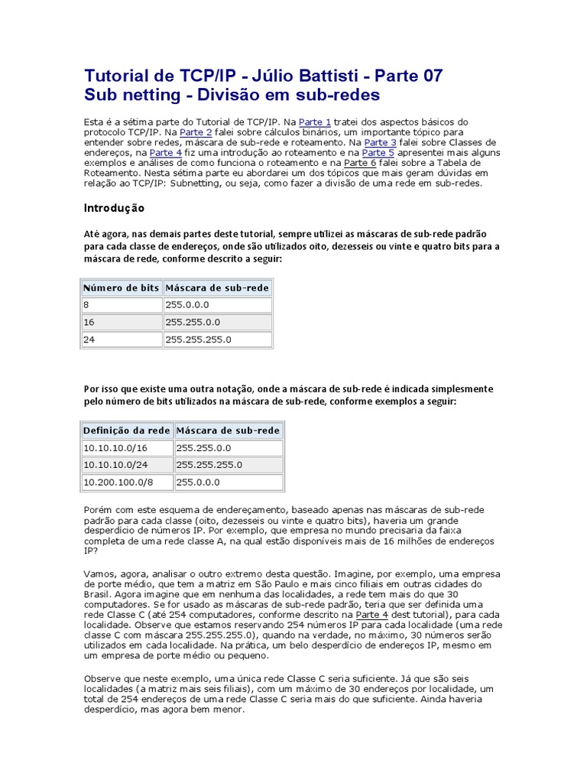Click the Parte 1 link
click(x=315, y=122)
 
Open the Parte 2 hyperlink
click(x=196, y=132)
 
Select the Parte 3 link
click(x=380, y=142)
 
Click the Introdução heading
click(x=113, y=208)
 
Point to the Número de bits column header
click(x=122, y=288)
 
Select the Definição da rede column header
click(x=127, y=430)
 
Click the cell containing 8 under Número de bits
click(x=122, y=304)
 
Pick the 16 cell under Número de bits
click(x=122, y=322)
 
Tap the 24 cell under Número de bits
click(x=122, y=340)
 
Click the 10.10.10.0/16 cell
click(x=127, y=448)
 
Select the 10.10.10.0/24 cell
click(x=127, y=465)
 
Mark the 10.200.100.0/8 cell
click(x=127, y=482)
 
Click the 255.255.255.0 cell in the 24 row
click(x=218, y=340)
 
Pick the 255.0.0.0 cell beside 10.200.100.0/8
click(x=229, y=482)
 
